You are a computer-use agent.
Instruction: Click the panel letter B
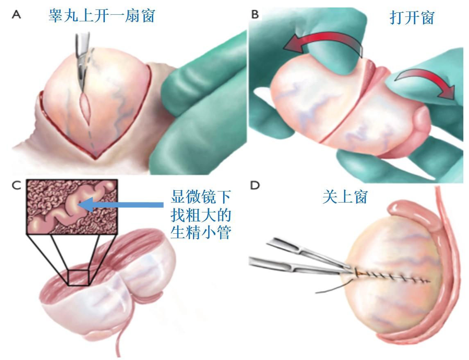pyautogui.click(x=255, y=15)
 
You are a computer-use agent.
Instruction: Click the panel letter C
pyautogui.click(x=16, y=185)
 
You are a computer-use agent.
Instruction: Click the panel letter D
pyautogui.click(x=255, y=185)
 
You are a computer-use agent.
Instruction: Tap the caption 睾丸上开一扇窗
pyautogui.click(x=102, y=16)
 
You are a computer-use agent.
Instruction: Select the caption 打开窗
pyautogui.click(x=411, y=18)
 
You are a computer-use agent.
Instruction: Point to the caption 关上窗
pyautogui.click(x=344, y=197)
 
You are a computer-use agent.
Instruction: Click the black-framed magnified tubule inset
pyautogui.click(x=72, y=207)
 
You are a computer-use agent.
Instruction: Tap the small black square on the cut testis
pyautogui.click(x=79, y=277)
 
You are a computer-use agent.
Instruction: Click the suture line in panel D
pyautogui.click(x=393, y=277)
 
